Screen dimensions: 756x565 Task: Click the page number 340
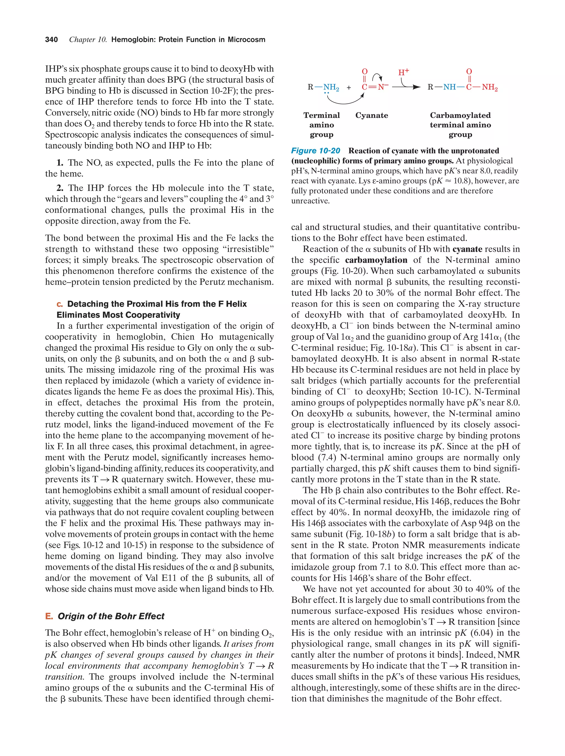51,40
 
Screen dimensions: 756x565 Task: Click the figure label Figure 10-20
316,151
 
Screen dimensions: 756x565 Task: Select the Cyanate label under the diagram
372,116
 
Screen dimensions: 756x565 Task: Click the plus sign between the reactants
349,87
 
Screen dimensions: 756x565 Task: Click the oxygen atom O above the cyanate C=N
365,71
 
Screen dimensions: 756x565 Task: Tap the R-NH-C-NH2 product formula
462,87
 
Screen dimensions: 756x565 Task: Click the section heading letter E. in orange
49,616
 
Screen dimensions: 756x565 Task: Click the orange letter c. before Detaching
60,304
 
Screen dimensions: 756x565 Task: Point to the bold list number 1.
60,163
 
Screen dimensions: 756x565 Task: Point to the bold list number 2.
60,188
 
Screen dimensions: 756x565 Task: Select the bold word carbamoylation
376,260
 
